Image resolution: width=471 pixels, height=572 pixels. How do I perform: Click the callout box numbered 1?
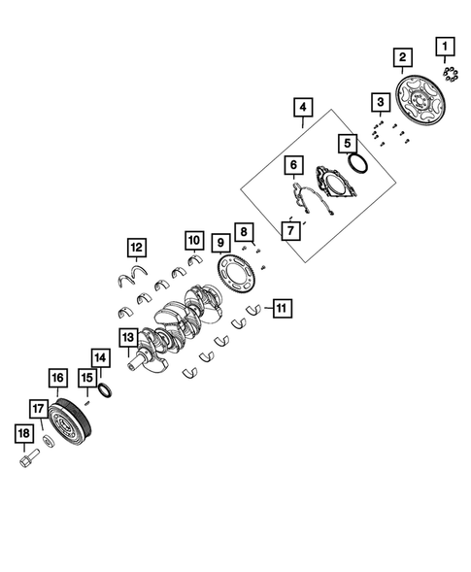[x=445, y=47]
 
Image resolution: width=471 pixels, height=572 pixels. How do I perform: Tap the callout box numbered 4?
[x=303, y=107]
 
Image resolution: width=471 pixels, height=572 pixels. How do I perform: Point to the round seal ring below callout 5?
[x=357, y=163]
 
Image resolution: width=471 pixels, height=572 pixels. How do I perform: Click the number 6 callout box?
[x=293, y=165]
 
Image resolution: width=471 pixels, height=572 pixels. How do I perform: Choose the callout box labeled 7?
[x=290, y=230]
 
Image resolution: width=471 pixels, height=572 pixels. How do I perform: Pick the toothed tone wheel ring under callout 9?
[x=235, y=273]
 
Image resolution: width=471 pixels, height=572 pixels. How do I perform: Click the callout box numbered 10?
[x=194, y=240]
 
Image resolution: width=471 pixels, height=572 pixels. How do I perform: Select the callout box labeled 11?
[x=283, y=308]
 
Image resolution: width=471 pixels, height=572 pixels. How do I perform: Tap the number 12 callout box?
[x=137, y=248]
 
